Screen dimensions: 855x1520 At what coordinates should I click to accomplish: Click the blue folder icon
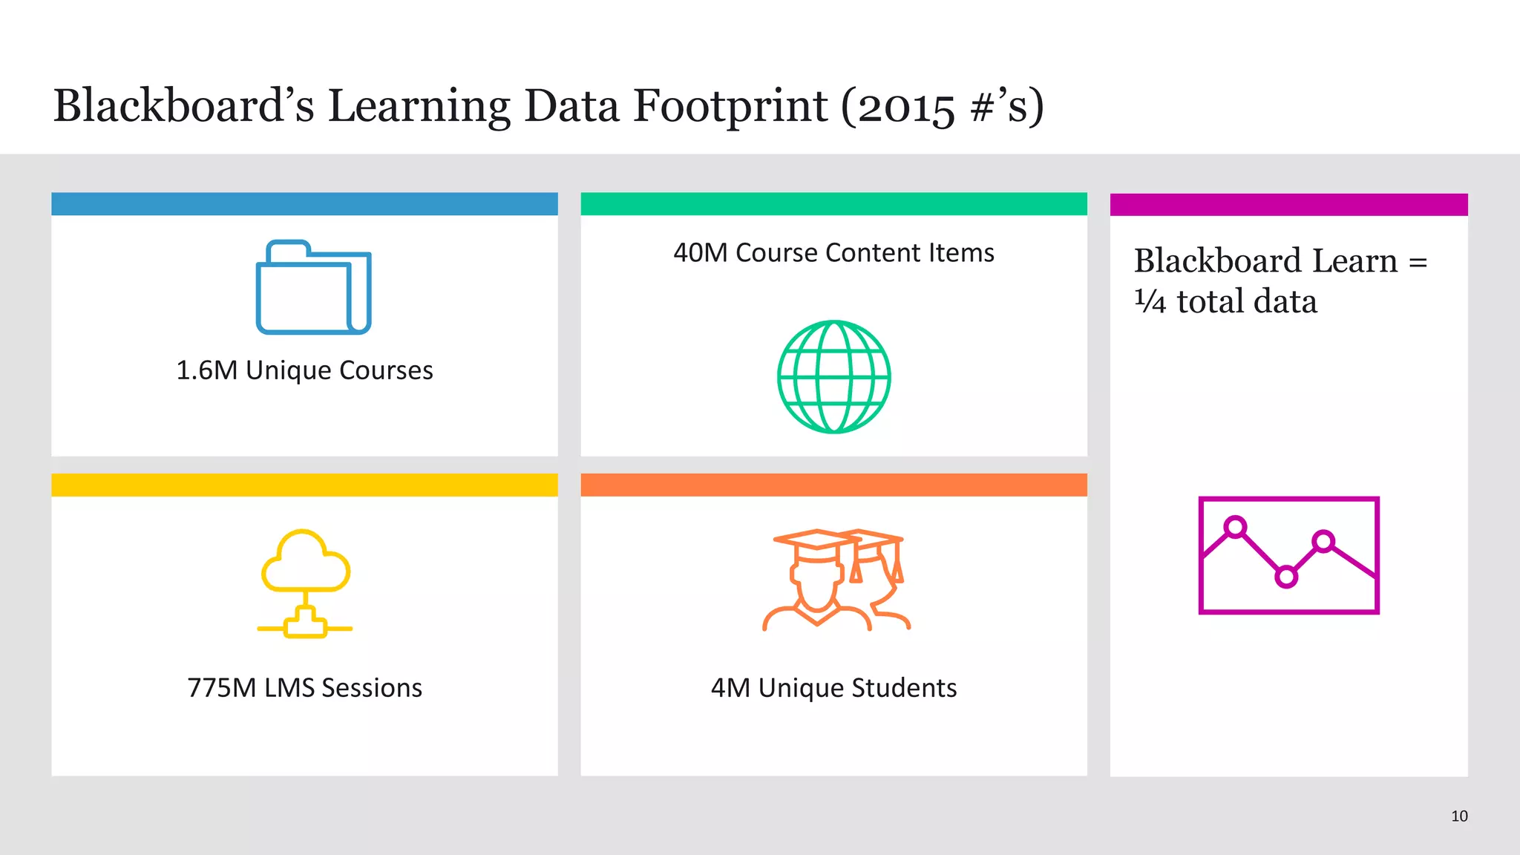313,287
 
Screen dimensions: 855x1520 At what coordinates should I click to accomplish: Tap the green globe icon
833,377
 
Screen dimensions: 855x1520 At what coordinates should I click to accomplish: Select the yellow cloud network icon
305,583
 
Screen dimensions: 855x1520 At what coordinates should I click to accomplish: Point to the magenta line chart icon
1288,555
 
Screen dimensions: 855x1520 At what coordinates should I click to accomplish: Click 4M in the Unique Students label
730,688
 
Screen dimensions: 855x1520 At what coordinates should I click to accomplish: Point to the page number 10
1459,816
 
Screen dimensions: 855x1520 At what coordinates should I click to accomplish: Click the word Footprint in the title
730,105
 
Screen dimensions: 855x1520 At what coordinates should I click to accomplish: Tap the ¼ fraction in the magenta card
1150,301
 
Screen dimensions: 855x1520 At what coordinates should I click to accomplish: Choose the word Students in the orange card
904,688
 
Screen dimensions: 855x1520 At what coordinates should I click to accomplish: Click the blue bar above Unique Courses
304,204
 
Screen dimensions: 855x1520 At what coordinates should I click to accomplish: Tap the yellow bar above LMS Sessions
304,485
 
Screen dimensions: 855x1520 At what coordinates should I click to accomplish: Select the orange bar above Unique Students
833,485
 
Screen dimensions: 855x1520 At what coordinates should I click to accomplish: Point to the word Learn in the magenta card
1354,261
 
